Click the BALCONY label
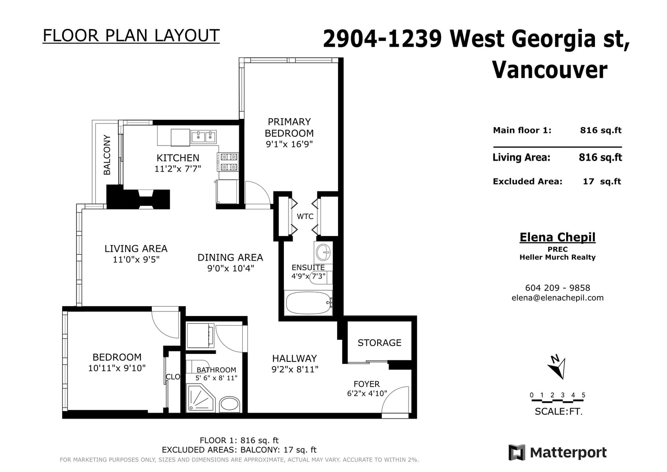pos(107,155)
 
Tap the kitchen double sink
pos(204,137)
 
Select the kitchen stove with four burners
pos(228,162)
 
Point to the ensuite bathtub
pos(308,303)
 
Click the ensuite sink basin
pos(323,253)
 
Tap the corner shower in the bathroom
pos(201,398)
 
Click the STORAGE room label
pos(379,343)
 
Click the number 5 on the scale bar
pos(583,395)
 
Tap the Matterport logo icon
pos(517,452)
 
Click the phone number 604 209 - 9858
pos(557,288)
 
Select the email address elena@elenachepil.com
pos(557,298)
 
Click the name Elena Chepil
pos(557,237)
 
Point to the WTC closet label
pos(305,216)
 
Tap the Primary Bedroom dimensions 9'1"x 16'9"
pos(289,144)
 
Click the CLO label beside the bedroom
pos(173,377)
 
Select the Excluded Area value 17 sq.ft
pos(602,181)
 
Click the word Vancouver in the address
pos(550,70)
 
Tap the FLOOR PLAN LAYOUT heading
pos(131,35)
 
